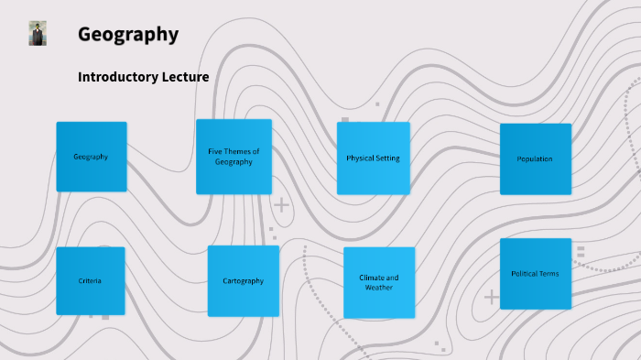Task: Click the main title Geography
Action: pos(127,35)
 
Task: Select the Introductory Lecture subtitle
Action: pos(143,77)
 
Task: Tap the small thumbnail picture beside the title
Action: pos(38,33)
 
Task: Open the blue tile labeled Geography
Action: pos(91,157)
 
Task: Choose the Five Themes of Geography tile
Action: pos(234,157)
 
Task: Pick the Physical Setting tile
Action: pos(373,158)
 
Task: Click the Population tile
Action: pos(535,159)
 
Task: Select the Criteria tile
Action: pos(90,280)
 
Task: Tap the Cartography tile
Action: pos(243,281)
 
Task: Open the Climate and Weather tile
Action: pos(378,282)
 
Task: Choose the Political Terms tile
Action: pos(535,274)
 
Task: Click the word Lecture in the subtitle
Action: pos(184,77)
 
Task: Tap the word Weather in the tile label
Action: pos(378,288)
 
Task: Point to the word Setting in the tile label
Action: pos(388,158)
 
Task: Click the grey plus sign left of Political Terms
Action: pos(492,297)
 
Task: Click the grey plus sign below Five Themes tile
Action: pos(282,204)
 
